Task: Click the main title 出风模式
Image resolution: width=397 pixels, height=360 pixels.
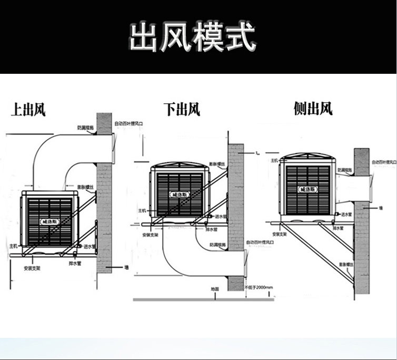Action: pos(193,37)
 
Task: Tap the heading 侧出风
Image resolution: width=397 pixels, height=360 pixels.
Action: pos(313,109)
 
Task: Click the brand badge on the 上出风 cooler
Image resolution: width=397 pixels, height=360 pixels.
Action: pos(49,221)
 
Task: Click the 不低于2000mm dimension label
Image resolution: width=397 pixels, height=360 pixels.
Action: pos(259,287)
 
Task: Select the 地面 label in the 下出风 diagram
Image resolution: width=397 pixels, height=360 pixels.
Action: pos(214,289)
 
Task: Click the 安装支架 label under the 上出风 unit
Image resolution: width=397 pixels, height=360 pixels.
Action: pos(32,268)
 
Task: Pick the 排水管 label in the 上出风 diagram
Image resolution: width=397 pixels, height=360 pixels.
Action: pos(75,262)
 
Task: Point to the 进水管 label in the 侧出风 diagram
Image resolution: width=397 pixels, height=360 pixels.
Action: pos(346,216)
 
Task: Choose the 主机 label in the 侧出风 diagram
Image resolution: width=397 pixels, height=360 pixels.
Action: pos(274,159)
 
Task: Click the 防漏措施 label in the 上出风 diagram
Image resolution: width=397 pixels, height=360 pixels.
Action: pos(85,128)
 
